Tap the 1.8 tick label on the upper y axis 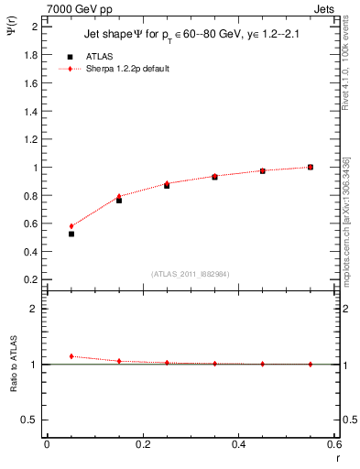coord(31,55)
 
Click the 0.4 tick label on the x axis coord(239,445)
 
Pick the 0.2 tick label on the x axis coord(143,445)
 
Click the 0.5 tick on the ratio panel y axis coord(31,420)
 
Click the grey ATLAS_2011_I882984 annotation coord(190,274)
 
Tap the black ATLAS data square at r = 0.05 coord(71,234)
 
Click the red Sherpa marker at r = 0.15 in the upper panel coord(119,196)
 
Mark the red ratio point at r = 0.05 coord(71,356)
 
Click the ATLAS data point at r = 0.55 coord(311,167)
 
